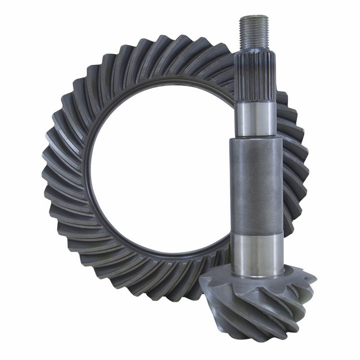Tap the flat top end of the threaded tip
[254, 17]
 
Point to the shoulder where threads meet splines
[254, 50]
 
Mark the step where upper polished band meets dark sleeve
[256, 137]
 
